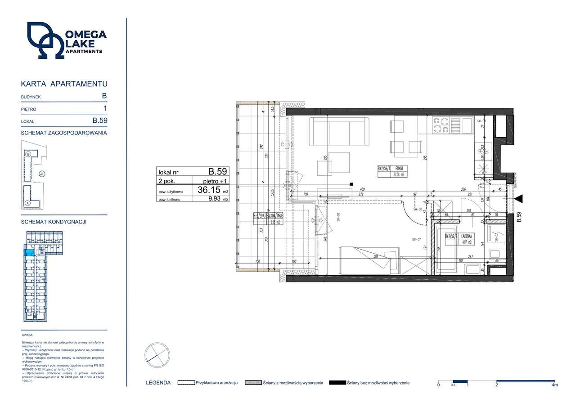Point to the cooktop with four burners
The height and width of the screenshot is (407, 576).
point(441,125)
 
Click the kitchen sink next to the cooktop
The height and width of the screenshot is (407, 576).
point(455,125)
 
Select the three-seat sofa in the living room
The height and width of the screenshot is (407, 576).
point(339,131)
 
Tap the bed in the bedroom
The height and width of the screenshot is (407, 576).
point(369,260)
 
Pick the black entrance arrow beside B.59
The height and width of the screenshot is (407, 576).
point(519,199)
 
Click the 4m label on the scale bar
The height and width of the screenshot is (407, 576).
point(554,385)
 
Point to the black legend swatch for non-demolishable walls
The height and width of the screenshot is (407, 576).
point(337,383)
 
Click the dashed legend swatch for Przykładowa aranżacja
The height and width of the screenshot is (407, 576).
point(186,383)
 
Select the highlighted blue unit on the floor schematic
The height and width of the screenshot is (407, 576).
point(29,253)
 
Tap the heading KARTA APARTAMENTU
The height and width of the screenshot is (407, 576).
point(64,84)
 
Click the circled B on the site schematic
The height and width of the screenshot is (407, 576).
point(28,154)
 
